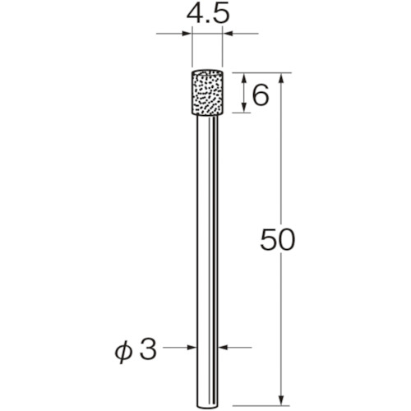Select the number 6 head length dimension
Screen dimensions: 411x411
[261, 95]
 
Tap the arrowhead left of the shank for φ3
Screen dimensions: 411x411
[195, 348]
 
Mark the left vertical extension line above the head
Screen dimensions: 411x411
[192, 49]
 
